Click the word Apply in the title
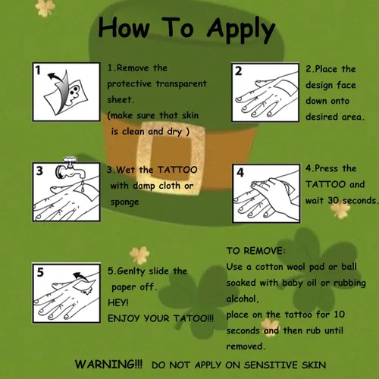click(241, 30)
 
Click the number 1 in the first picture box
click(38, 70)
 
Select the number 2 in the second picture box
click(238, 71)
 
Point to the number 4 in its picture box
click(240, 172)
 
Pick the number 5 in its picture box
click(40, 272)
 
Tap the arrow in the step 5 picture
click(80, 277)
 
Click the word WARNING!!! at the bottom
click(108, 365)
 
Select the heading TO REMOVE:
click(256, 251)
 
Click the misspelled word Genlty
click(131, 271)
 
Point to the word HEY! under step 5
click(118, 302)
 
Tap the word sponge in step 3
click(125, 202)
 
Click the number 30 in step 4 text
click(333, 200)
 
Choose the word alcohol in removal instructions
click(243, 299)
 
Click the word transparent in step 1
click(181, 84)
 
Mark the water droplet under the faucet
click(83, 187)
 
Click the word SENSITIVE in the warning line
click(271, 365)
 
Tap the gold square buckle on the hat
click(170, 157)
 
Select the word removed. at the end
click(246, 346)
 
